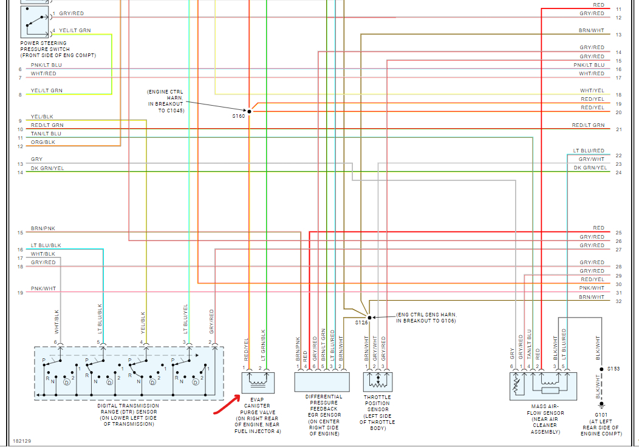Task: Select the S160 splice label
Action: pyautogui.click(x=238, y=116)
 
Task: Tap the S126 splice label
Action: pyautogui.click(x=361, y=323)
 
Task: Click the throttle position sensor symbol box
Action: pyautogui.click(x=377, y=382)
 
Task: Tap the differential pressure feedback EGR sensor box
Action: pyautogui.click(x=322, y=382)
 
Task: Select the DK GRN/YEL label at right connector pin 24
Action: pyautogui.click(x=590, y=168)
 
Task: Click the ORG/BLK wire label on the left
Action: pyautogui.click(x=43, y=142)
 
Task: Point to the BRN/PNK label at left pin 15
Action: pyautogui.click(x=43, y=228)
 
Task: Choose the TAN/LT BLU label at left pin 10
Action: pyautogui.click(x=46, y=134)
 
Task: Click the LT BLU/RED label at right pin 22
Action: pyautogui.click(x=589, y=151)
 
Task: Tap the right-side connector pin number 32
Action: pyautogui.click(x=618, y=301)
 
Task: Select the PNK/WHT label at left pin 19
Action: pyautogui.click(x=43, y=288)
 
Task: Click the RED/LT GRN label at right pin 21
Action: pyautogui.click(x=588, y=125)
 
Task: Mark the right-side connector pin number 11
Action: pyautogui.click(x=618, y=10)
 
